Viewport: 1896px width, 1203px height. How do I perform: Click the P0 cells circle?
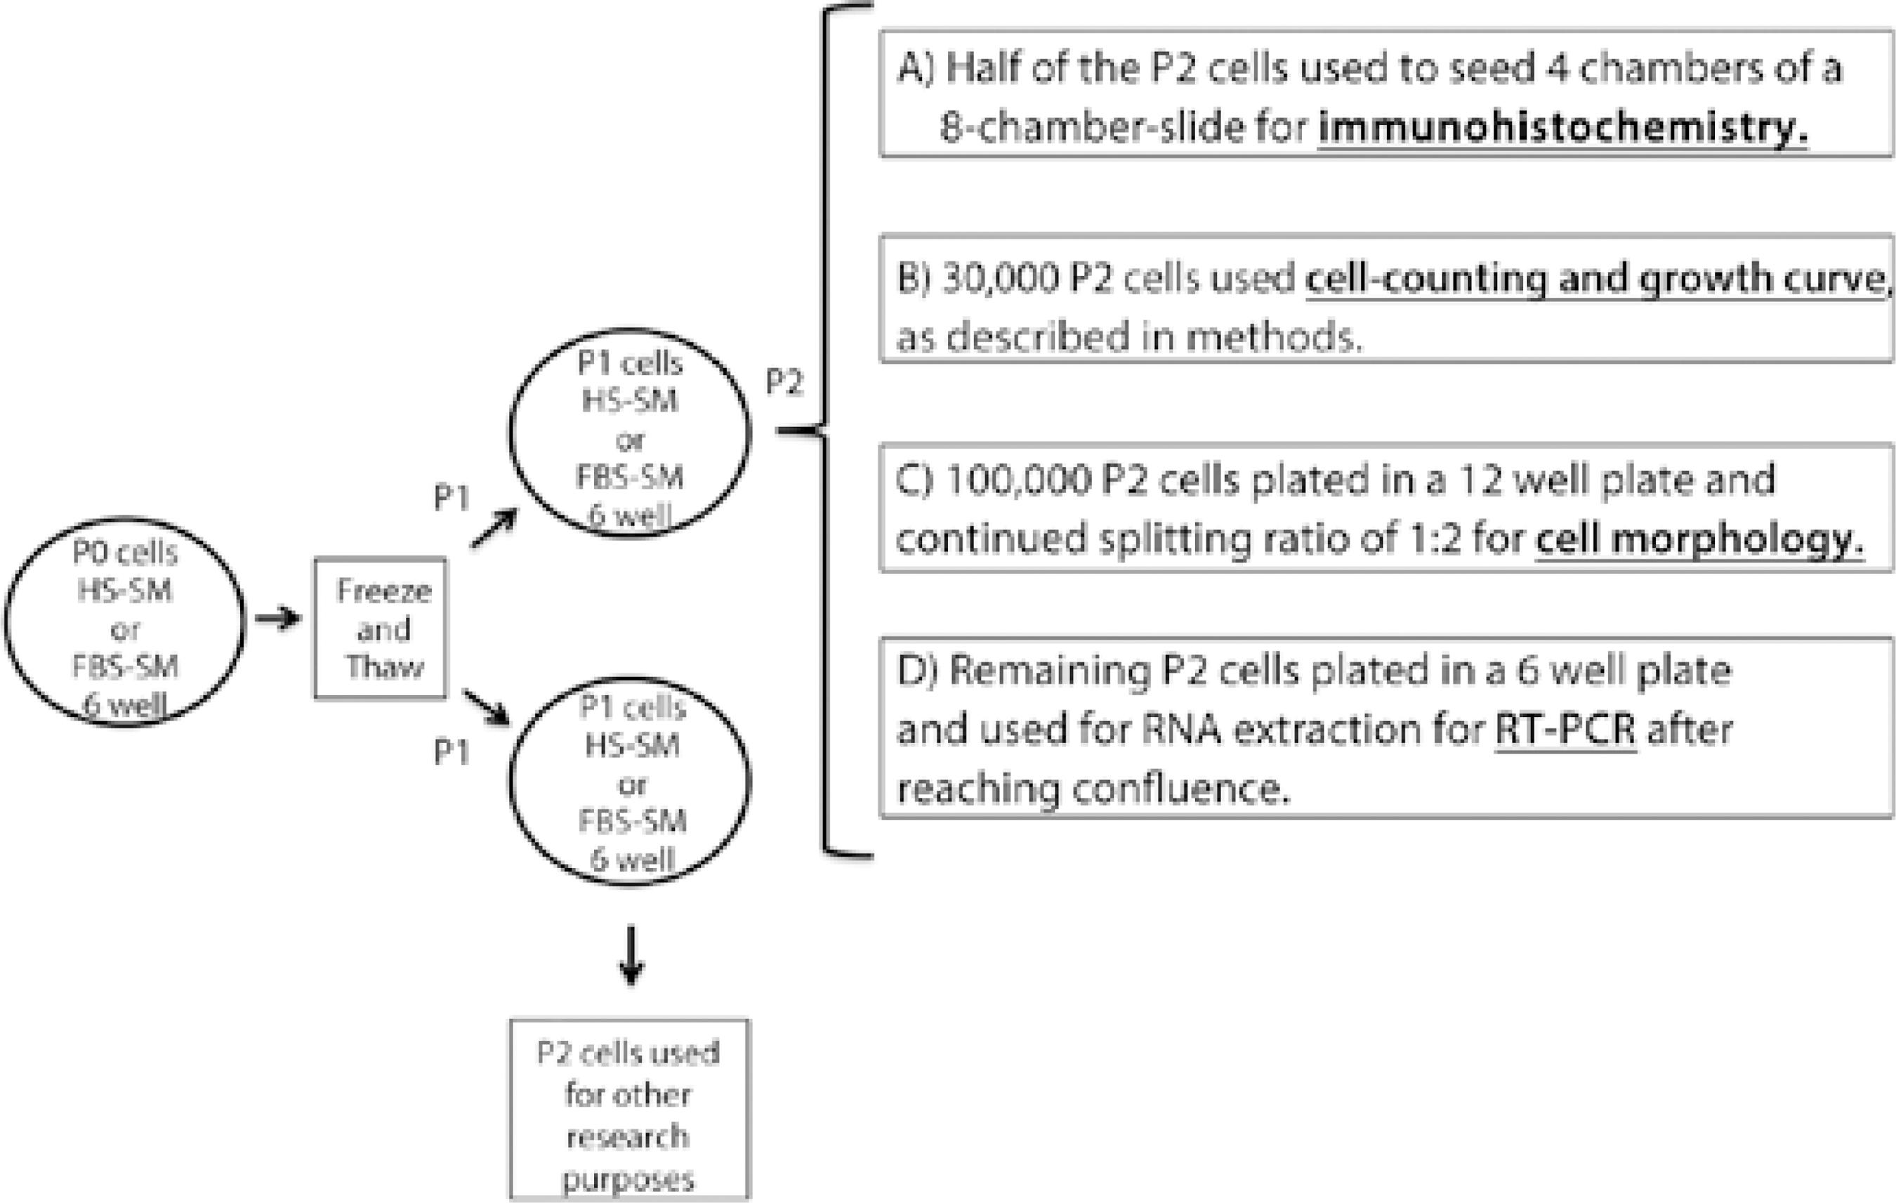(124, 622)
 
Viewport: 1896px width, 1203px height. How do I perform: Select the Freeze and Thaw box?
(381, 629)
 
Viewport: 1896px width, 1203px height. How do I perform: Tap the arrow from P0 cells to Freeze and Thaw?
(278, 619)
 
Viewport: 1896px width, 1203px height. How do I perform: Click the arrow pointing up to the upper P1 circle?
(494, 527)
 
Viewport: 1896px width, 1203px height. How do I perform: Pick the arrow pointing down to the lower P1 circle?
(487, 707)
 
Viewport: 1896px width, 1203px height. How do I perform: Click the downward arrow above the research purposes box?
(631, 955)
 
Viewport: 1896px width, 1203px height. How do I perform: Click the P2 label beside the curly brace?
(784, 383)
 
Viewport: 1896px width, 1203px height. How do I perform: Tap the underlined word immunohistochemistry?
(1562, 128)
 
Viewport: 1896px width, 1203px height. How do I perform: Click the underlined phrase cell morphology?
(1699, 539)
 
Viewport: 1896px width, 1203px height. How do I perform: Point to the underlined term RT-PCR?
(1565, 730)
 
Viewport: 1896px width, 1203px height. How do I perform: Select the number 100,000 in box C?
(1018, 480)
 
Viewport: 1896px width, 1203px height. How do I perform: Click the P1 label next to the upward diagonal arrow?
(451, 498)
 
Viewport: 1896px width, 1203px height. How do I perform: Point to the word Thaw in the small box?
(384, 668)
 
